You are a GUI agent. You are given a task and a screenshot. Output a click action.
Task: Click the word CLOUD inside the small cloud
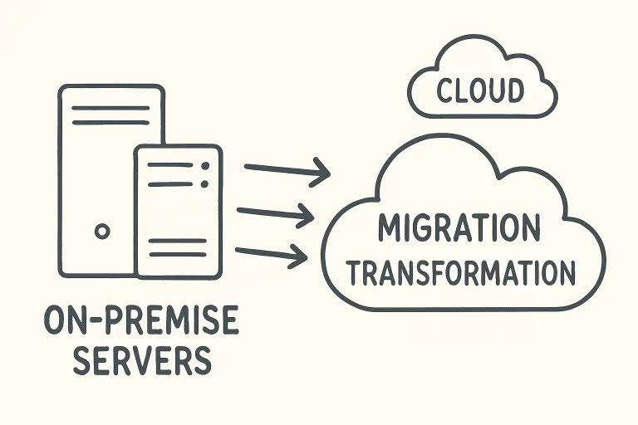481,90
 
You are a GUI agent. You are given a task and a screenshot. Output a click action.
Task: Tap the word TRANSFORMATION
462,273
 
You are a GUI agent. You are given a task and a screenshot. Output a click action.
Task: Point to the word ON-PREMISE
140,321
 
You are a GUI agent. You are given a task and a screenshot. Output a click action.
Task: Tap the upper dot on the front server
204,166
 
